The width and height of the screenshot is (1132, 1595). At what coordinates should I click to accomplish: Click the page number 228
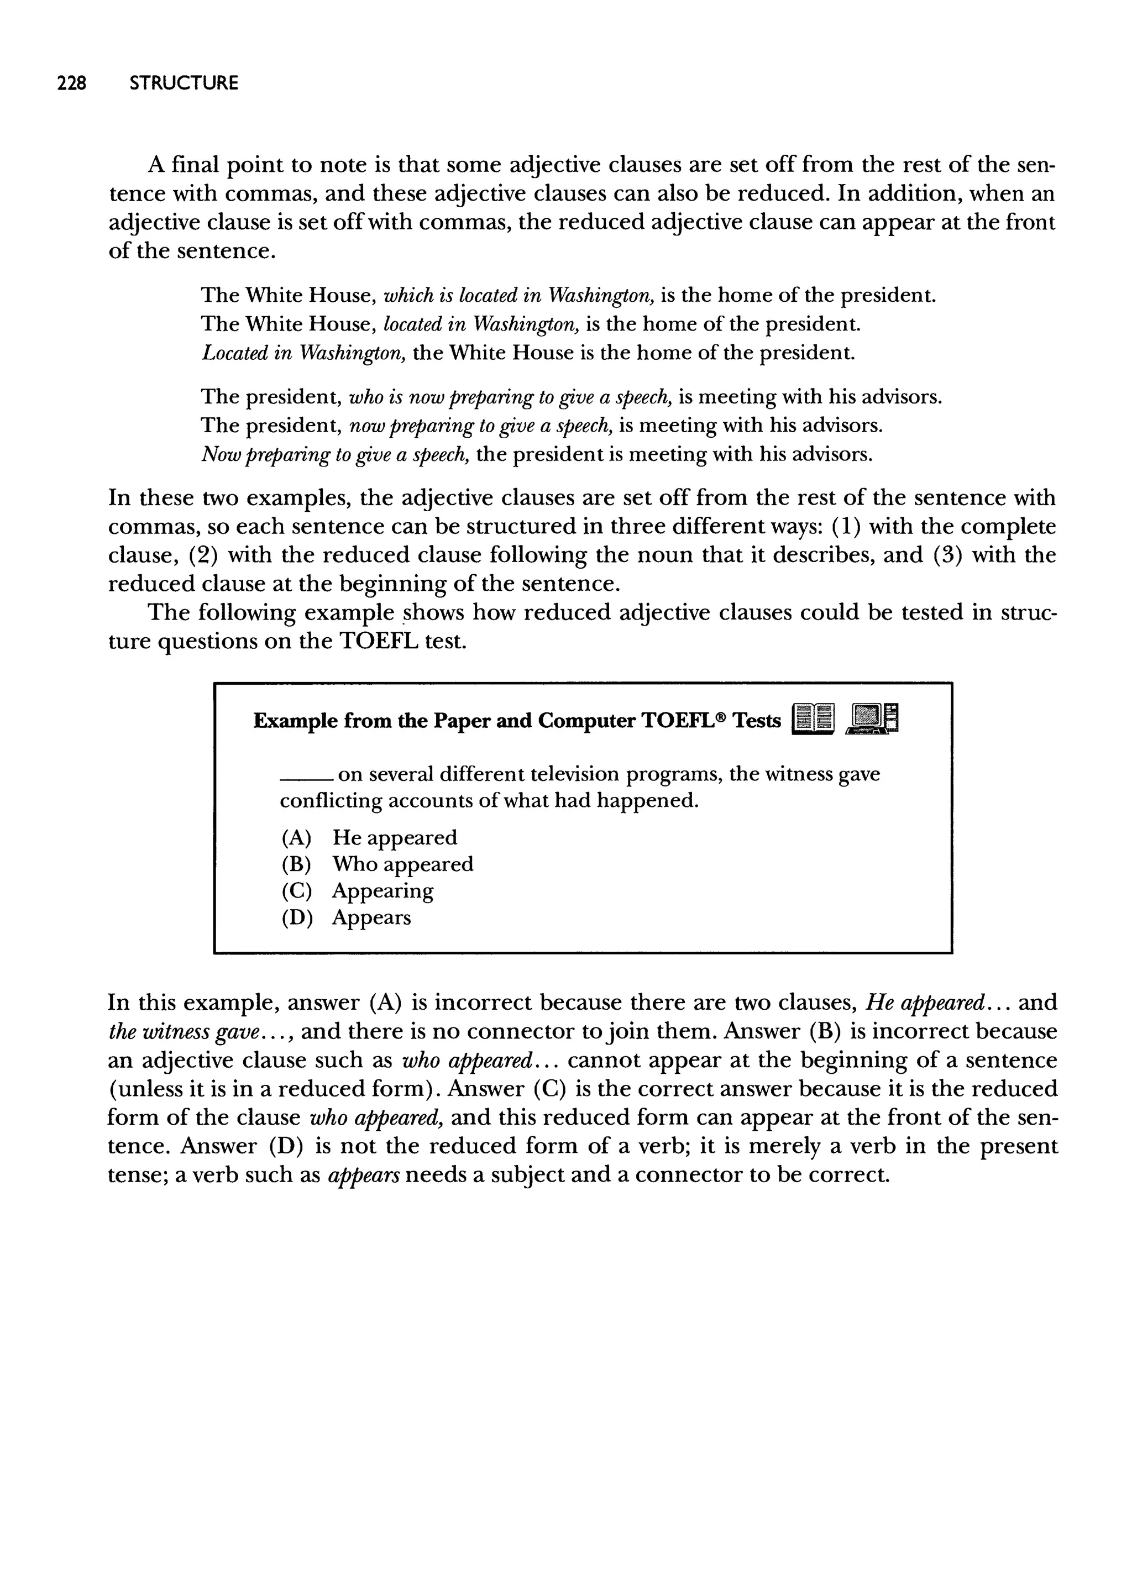pyautogui.click(x=71, y=83)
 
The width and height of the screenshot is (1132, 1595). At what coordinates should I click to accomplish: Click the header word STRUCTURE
pyautogui.click(x=184, y=83)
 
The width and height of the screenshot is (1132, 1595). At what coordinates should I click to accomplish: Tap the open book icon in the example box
pyautogui.click(x=813, y=720)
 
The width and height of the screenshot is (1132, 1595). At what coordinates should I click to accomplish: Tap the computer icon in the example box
pyautogui.click(x=873, y=718)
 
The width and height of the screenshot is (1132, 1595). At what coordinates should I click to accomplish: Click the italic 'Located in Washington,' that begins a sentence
pyautogui.click(x=304, y=353)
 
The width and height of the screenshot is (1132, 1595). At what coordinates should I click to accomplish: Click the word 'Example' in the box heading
pyautogui.click(x=296, y=721)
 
